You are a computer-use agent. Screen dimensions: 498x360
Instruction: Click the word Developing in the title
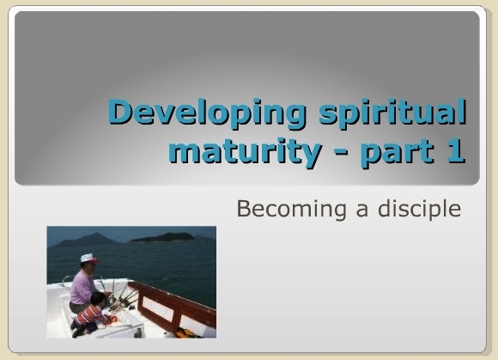click(208, 113)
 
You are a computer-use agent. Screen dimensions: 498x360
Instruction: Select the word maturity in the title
click(246, 151)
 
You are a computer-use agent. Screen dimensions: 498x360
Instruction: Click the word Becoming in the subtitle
click(291, 210)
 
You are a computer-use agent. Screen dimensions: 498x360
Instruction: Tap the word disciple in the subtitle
click(420, 210)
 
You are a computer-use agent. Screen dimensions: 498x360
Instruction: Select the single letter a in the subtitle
click(362, 211)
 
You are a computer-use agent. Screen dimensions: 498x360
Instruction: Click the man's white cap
click(88, 258)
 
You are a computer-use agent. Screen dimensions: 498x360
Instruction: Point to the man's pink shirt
click(82, 288)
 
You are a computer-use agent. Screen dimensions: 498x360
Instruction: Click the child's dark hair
click(98, 299)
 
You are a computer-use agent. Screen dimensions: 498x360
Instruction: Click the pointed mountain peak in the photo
click(94, 235)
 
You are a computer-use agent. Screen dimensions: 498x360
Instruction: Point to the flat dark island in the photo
click(162, 237)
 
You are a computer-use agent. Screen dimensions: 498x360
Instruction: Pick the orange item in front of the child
click(112, 320)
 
